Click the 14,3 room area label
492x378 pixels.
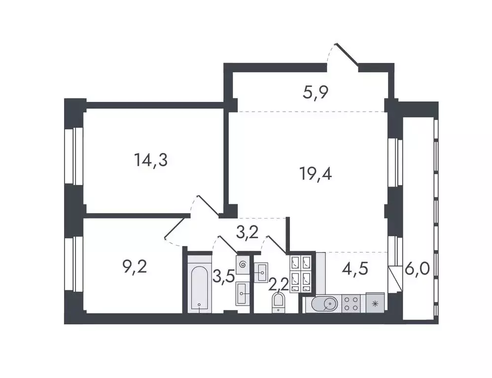[x=151, y=160]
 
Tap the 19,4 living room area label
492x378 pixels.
[x=316, y=173]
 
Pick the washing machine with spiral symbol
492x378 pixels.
[x=242, y=264]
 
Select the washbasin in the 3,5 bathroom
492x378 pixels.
[x=242, y=294]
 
